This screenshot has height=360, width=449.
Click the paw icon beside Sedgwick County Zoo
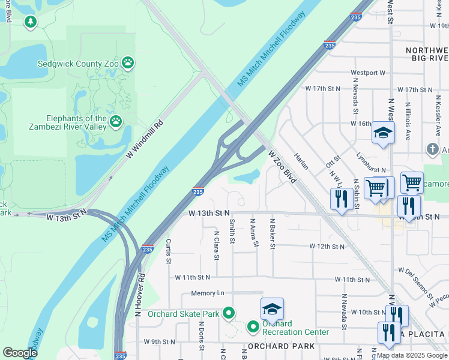[128, 62]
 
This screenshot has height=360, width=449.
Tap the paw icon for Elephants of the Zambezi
[116, 122]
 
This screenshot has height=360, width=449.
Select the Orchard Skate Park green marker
[228, 313]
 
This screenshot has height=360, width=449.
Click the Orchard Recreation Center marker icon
[253, 327]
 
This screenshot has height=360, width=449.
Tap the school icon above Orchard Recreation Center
[272, 309]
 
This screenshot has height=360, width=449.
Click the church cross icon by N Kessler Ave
[432, 149]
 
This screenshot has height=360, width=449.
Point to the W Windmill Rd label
[145, 140]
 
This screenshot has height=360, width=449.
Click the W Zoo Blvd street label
[283, 167]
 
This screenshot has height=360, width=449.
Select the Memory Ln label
[207, 293]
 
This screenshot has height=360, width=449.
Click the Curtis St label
[169, 251]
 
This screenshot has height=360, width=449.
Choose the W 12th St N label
[327, 246]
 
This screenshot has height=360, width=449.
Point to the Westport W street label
[368, 73]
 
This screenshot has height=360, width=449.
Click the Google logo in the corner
[20, 353]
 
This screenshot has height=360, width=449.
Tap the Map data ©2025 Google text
[412, 355]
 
